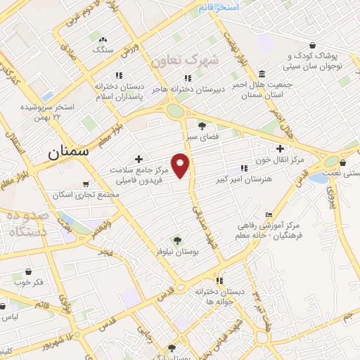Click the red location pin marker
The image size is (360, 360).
coord(181,165)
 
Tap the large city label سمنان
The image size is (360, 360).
coord(72,152)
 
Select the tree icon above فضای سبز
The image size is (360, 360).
coord(202,126)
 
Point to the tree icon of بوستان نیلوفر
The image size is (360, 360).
coord(176,240)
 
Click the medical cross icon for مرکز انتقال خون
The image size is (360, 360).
coord(280,149)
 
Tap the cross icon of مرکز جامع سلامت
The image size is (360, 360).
coord(139,159)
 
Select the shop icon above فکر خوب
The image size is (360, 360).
coord(28,271)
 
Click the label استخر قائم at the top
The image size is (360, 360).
coord(218,7)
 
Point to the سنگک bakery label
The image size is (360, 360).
coord(103,50)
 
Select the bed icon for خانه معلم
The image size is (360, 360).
coord(268,214)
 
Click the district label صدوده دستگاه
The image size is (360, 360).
coord(25,224)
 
